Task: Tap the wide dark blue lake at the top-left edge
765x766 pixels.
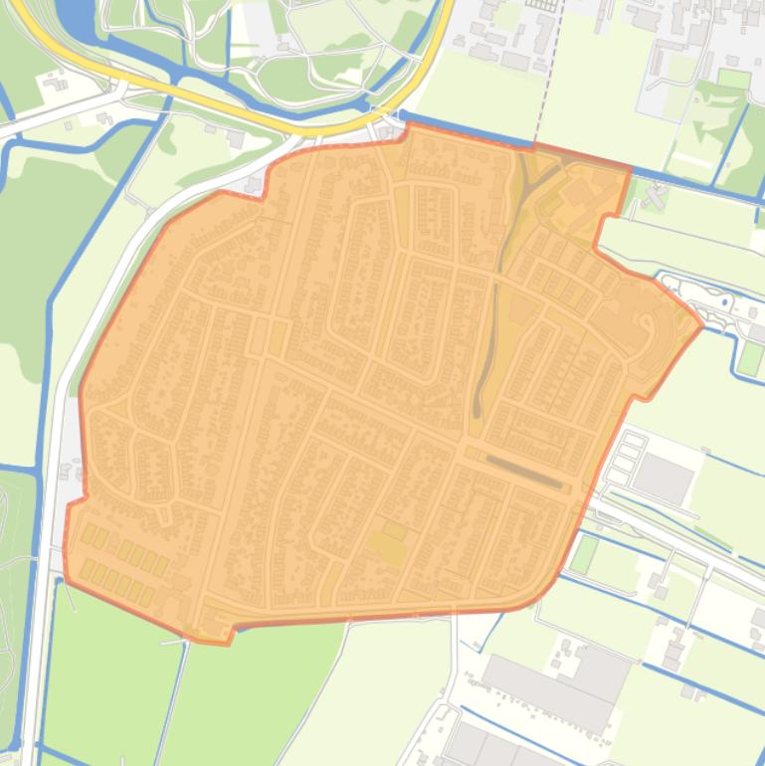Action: pos(74,14)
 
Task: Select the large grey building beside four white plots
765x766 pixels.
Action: pos(663,479)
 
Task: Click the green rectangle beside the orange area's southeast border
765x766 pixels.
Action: pos(584,554)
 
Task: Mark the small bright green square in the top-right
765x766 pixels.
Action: pos(734,79)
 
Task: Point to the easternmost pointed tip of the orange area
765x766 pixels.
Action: pos(702,324)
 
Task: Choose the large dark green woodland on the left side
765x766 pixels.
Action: pos(40,249)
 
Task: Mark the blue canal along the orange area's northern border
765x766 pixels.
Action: pos(517,144)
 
